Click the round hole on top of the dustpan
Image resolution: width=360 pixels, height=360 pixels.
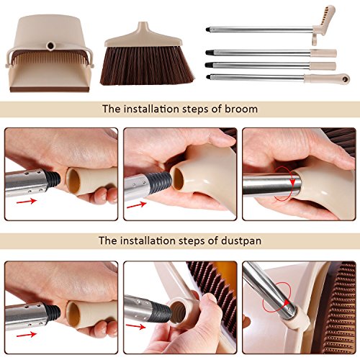click(50, 45)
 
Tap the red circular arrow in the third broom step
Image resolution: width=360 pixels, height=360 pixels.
click(289, 188)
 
